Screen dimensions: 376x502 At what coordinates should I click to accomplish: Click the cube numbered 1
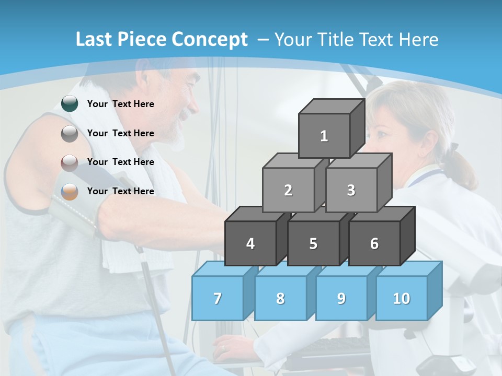coord(324,136)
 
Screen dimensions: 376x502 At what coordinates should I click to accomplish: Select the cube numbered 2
coord(288,190)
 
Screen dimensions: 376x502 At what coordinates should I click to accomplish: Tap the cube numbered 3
coord(351,190)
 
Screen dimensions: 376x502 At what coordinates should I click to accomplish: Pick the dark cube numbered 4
coord(250,243)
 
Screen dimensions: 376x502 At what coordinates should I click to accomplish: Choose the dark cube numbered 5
coord(313,243)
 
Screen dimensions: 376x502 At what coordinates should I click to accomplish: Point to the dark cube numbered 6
coord(374,243)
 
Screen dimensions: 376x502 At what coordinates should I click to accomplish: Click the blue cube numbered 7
coord(218,298)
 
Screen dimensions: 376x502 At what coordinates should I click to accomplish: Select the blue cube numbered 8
coord(280,298)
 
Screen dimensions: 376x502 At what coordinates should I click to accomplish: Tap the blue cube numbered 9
coord(341,298)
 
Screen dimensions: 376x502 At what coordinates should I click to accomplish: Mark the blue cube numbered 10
coord(401,298)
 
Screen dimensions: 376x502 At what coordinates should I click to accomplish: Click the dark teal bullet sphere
coord(70,103)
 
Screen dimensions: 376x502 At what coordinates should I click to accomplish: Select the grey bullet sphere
coord(70,133)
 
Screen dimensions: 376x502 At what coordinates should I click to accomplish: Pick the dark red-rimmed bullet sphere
coord(70,162)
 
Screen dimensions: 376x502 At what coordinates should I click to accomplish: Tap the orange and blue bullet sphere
coord(70,192)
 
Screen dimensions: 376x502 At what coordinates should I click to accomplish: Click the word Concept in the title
coord(210,40)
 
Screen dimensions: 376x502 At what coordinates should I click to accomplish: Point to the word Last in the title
coord(94,40)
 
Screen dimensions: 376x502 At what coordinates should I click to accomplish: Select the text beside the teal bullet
coord(121,104)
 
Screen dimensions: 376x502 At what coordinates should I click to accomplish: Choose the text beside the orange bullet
coord(121,191)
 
